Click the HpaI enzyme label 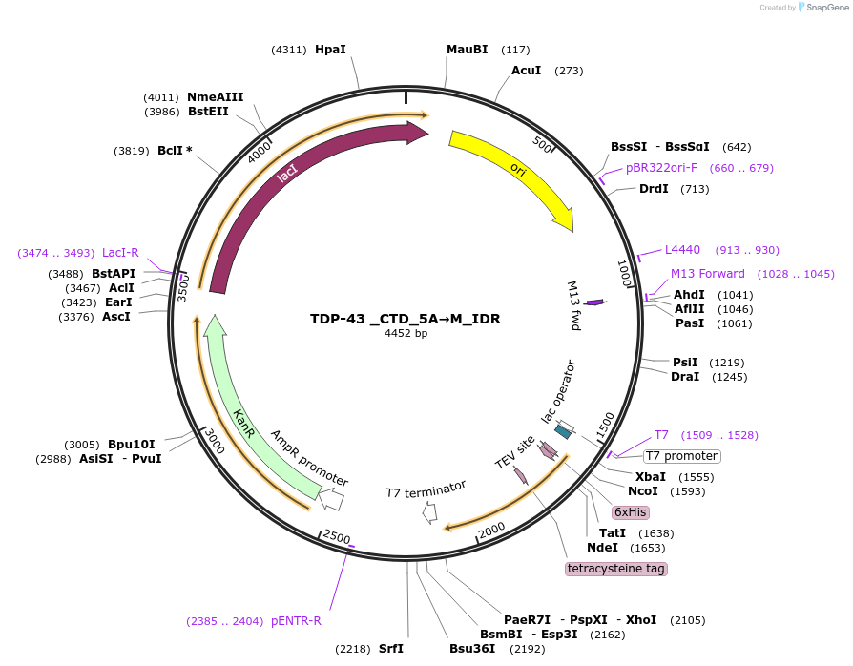(x=329, y=49)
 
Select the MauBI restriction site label (x=467, y=49)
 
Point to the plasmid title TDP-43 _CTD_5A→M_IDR (x=406, y=319)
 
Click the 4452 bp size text (x=406, y=334)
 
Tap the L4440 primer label (x=682, y=250)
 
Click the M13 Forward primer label (x=707, y=274)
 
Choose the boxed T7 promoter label (x=682, y=456)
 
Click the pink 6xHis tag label (x=631, y=512)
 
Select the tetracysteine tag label (x=616, y=569)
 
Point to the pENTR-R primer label (x=296, y=621)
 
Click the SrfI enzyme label (x=391, y=649)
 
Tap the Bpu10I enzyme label (x=131, y=445)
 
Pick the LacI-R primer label (x=120, y=253)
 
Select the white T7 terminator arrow (x=429, y=512)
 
